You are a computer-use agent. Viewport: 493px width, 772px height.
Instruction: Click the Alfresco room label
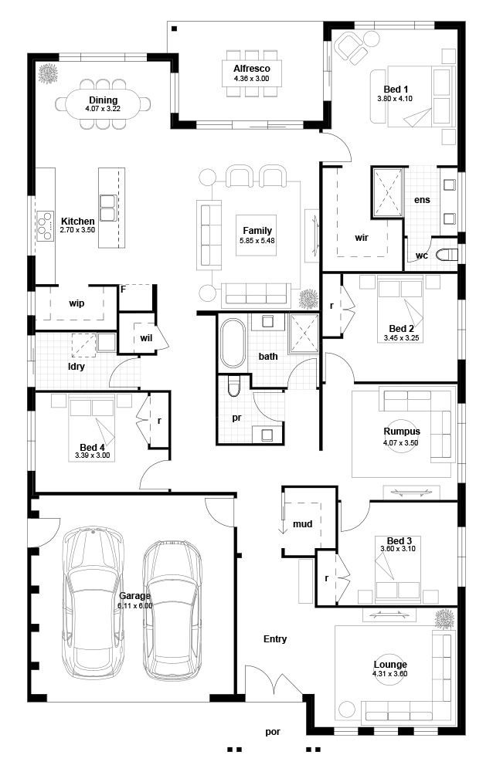point(251,69)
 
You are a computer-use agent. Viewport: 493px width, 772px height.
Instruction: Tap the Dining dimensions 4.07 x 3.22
point(103,109)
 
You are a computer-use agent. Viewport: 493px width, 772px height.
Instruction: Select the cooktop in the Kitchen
point(45,225)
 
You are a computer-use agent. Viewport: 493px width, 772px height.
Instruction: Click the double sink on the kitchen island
point(108,208)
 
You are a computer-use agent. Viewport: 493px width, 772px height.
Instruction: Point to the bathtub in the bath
point(232,344)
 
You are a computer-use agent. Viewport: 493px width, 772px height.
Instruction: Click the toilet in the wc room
point(448,255)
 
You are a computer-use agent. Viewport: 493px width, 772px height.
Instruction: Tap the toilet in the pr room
point(233,387)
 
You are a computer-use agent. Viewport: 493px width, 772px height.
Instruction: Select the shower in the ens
point(387,192)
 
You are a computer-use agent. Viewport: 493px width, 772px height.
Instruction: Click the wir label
point(362,238)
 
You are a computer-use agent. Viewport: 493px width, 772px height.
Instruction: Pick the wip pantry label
point(76,303)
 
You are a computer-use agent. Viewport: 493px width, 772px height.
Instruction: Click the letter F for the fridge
point(124,289)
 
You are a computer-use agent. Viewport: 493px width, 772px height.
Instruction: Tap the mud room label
point(302,524)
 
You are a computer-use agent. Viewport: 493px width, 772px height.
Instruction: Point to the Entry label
point(275,639)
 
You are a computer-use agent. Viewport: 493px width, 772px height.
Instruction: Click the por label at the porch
point(273,732)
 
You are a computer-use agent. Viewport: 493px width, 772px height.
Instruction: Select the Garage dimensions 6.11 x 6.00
point(135,606)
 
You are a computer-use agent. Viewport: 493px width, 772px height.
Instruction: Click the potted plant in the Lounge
point(444,618)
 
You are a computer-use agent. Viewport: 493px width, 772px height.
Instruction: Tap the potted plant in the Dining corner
point(48,74)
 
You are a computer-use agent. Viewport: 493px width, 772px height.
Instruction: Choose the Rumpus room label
point(402,432)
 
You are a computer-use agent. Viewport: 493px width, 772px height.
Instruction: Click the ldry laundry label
point(76,367)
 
